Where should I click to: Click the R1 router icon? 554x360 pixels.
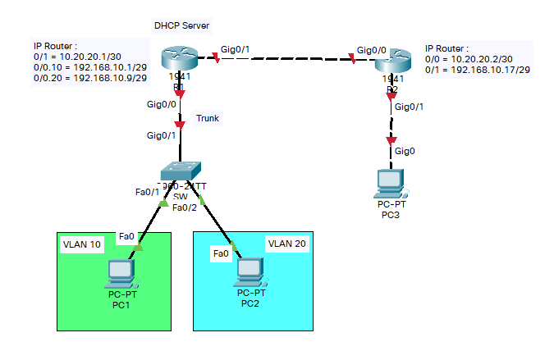(x=178, y=59)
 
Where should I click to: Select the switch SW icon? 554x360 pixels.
(x=181, y=170)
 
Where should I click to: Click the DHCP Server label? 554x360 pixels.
(x=181, y=26)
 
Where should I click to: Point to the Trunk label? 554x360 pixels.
(x=207, y=118)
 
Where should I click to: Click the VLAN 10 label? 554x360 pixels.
(x=82, y=245)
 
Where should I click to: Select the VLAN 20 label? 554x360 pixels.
(x=287, y=244)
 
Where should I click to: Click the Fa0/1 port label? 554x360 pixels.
(x=147, y=192)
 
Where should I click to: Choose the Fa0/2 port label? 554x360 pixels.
(x=185, y=207)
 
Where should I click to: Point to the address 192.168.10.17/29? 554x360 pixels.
(x=492, y=70)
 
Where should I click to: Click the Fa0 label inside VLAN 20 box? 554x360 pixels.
(x=221, y=254)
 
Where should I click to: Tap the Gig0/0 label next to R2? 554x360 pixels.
(x=365, y=49)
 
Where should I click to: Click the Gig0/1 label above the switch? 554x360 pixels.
(x=161, y=135)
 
